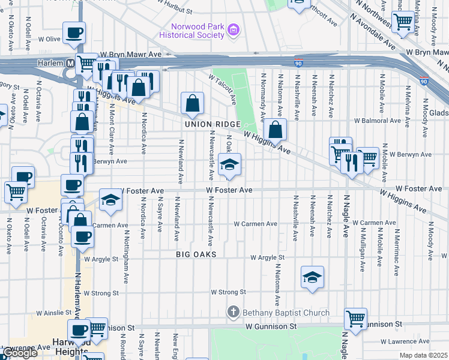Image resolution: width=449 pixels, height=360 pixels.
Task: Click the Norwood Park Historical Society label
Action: coord(191,31)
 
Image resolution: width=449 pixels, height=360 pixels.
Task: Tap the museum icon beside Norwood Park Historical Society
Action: coord(234,29)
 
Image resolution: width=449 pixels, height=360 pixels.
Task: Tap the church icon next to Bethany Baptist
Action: coord(234,312)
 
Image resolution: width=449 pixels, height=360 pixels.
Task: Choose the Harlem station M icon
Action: coord(71,63)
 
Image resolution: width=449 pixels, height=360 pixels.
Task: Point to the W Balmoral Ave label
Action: coord(377,120)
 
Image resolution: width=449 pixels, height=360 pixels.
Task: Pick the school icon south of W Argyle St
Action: coord(311,277)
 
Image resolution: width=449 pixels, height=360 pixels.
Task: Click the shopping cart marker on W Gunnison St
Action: coord(356,319)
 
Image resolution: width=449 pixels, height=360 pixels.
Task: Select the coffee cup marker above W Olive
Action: coord(74,32)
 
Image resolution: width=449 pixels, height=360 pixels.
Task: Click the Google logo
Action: coord(19,353)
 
